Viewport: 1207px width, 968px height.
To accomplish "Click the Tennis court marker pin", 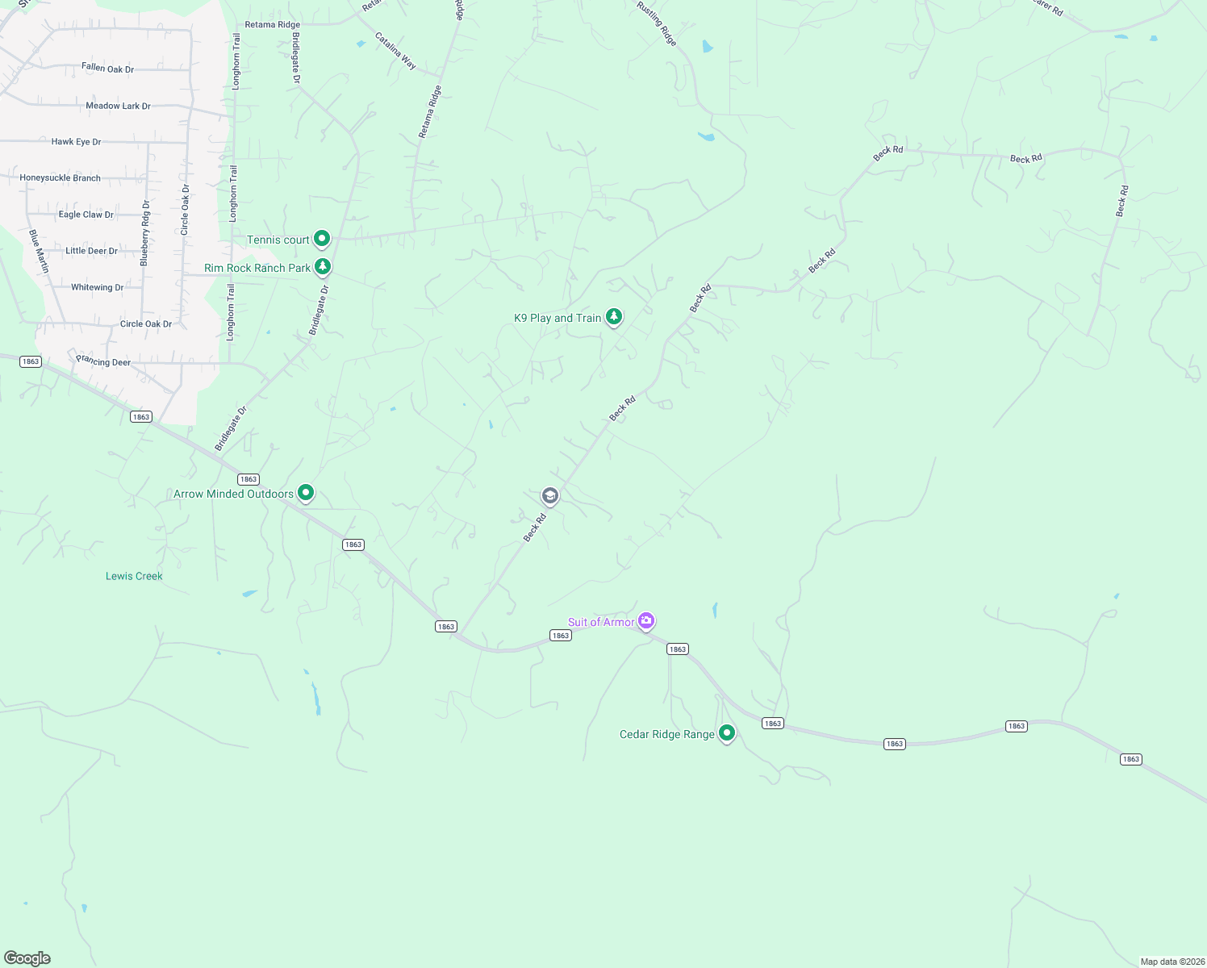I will [322, 238].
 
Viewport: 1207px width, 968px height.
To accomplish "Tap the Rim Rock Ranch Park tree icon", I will [323, 265].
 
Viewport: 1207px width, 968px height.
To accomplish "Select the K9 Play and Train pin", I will [614, 315].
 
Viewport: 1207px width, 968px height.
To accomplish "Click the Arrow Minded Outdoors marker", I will [306, 491].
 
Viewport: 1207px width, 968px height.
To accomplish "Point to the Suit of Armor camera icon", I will [645, 620].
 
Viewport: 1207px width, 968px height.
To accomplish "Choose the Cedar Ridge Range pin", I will [727, 732].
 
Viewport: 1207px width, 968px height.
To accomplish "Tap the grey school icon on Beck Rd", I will [550, 495].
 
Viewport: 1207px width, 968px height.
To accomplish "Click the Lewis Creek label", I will [134, 576].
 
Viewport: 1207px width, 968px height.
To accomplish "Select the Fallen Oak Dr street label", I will [107, 69].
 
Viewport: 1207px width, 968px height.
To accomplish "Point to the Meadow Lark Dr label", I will [118, 106].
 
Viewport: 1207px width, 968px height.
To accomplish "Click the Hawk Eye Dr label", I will [76, 142].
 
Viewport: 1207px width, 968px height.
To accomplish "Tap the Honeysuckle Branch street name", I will [61, 178].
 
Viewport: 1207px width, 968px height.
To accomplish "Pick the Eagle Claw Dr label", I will [86, 215].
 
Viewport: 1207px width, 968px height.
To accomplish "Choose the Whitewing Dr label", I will [97, 287].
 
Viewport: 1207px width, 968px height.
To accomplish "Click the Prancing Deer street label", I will [103, 361].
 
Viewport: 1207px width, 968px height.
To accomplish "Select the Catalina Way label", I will [395, 51].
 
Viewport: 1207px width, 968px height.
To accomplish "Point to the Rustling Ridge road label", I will [656, 23].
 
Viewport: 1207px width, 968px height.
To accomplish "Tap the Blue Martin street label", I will [39, 251].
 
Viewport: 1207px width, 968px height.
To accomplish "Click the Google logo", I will [27, 958].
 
